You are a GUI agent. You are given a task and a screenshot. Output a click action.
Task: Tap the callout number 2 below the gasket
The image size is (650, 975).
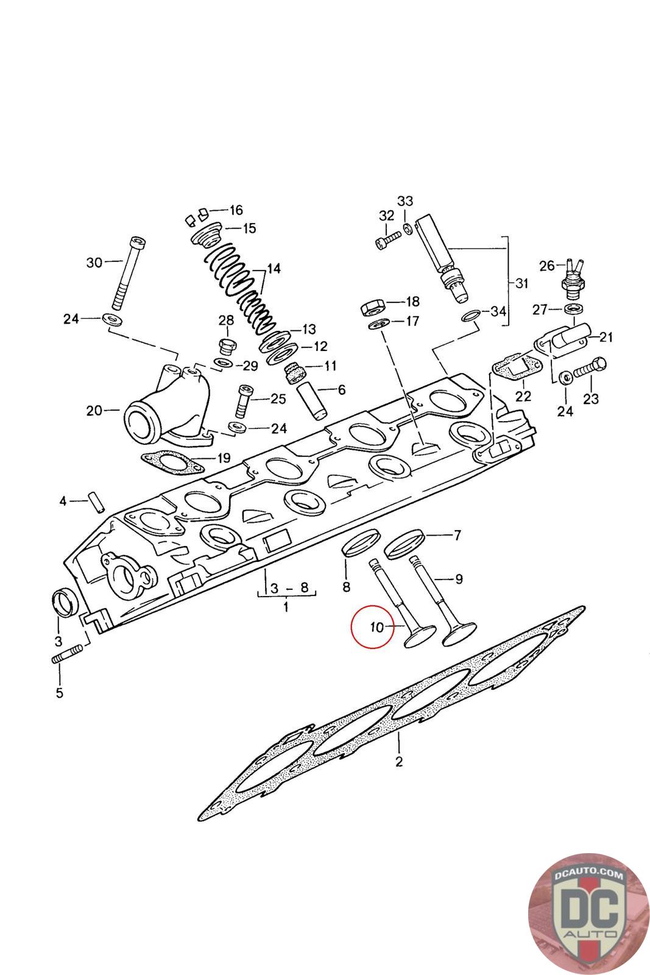click(x=399, y=761)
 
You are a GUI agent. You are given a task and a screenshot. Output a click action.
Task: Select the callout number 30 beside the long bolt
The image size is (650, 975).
click(x=94, y=263)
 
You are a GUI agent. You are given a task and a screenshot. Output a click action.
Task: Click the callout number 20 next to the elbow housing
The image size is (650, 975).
click(x=94, y=410)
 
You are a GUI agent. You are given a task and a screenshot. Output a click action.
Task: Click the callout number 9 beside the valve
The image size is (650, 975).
click(x=459, y=578)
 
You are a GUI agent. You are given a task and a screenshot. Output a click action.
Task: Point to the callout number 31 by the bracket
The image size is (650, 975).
click(x=521, y=283)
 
